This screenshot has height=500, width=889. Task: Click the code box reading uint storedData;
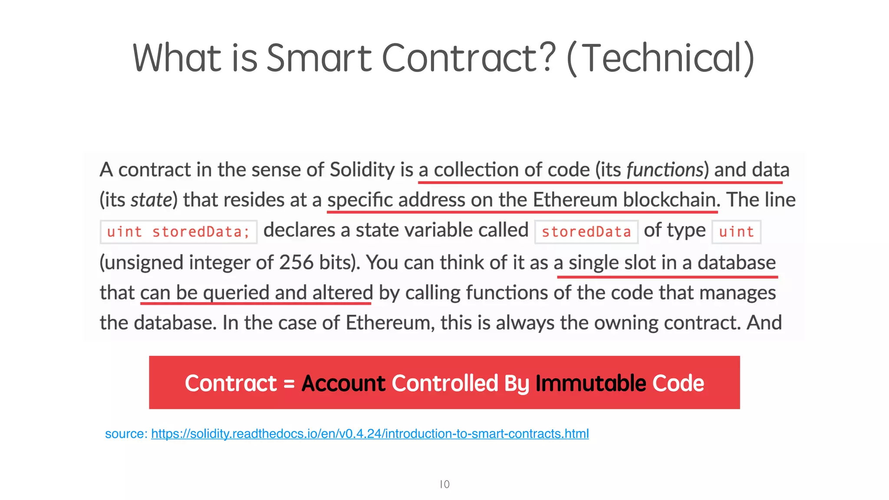(178, 232)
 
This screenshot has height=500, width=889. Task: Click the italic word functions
(665, 170)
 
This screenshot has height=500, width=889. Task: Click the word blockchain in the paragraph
(669, 200)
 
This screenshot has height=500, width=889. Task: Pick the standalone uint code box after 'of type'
(736, 232)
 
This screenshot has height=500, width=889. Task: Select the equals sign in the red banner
(289, 384)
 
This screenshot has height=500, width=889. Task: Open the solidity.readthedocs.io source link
(370, 434)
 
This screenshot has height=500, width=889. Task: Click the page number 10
(444, 484)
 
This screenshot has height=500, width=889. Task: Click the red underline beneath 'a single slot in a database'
(667, 276)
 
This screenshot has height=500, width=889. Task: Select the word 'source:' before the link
(126, 434)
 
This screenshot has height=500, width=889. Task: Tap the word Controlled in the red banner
(445, 383)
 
